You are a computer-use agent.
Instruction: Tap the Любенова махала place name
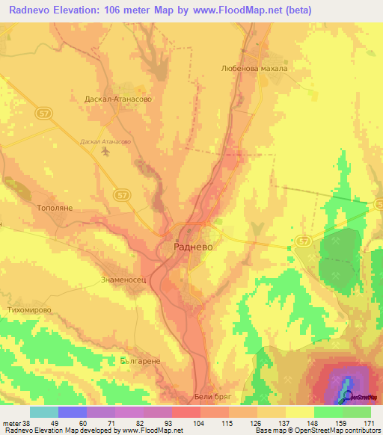pyautogui.click(x=254, y=68)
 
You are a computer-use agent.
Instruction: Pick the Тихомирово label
pyautogui.click(x=30, y=309)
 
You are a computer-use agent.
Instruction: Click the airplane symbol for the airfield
pyautogui.click(x=105, y=152)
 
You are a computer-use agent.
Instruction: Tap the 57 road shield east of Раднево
pyautogui.click(x=303, y=241)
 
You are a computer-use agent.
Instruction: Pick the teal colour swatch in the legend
pyautogui.click(x=43, y=412)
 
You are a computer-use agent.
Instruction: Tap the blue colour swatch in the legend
pyautogui.click(x=72, y=412)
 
